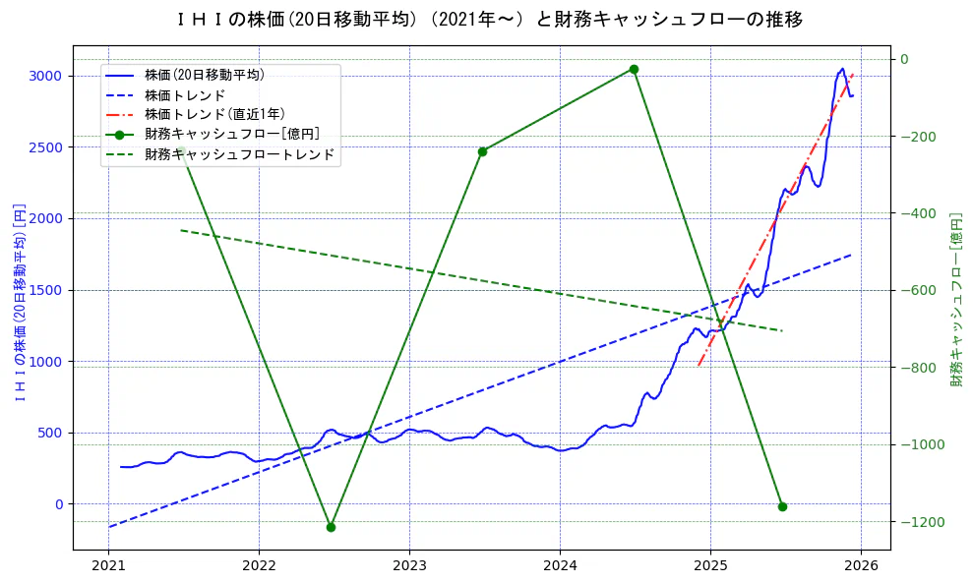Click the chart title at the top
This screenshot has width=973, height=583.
[489, 20]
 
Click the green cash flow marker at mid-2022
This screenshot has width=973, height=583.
[331, 527]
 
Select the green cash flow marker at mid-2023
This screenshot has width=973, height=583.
[482, 151]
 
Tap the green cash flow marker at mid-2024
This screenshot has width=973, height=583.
[634, 69]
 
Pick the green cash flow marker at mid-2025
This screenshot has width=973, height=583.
[782, 506]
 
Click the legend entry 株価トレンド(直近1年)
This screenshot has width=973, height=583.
[214, 115]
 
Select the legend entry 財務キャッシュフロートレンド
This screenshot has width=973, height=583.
[239, 154]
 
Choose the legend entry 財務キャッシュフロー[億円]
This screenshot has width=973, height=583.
[231, 135]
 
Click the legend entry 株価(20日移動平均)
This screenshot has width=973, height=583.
[204, 75]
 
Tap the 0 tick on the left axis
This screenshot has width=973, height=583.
[58, 504]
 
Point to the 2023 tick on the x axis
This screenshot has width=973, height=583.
[409, 565]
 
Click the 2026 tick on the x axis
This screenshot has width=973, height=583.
[861, 565]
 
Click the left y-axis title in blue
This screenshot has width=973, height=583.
[20, 302]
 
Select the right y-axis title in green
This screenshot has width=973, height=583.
[955, 298]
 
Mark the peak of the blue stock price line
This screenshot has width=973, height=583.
[842, 69]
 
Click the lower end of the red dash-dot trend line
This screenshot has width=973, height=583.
[699, 366]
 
